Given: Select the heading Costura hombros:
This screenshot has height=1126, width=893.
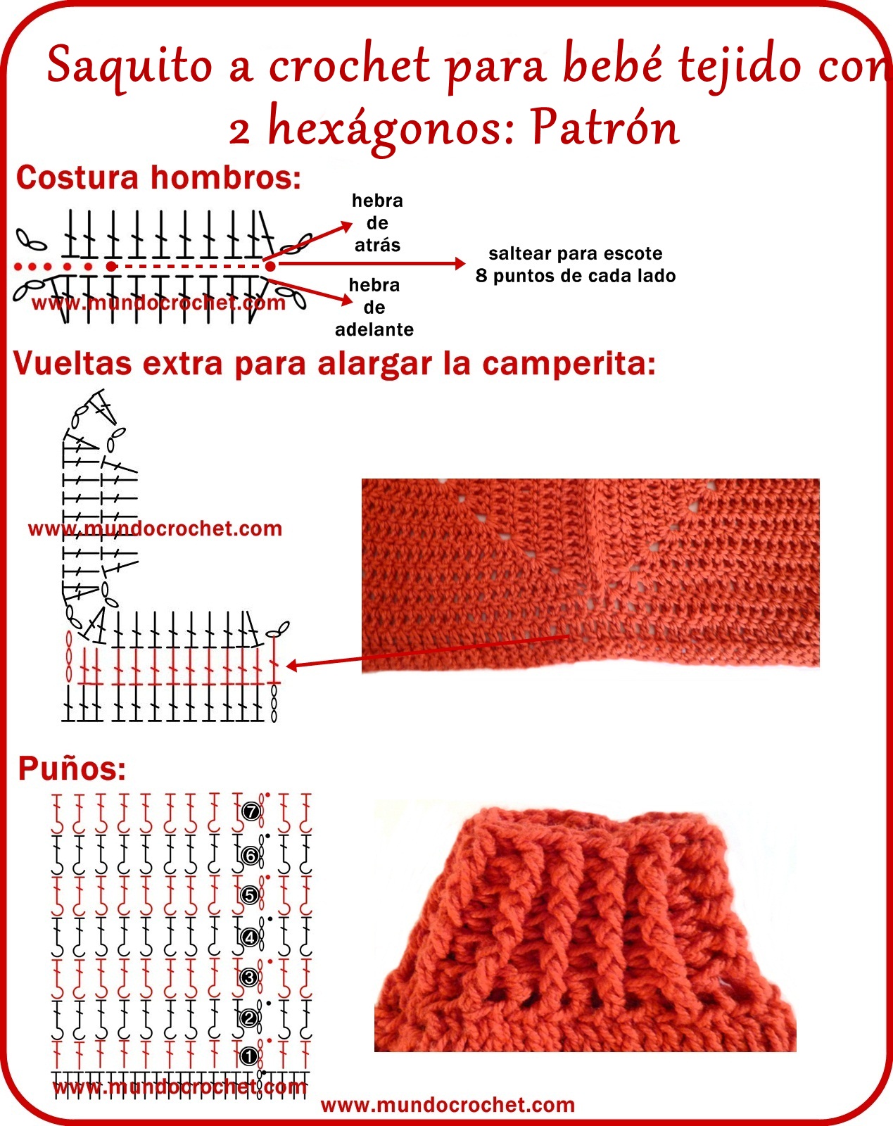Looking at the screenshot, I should pos(158,177).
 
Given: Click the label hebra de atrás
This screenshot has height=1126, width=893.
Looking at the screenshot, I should pos(377,223).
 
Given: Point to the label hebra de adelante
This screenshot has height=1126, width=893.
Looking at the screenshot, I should pos(374,308).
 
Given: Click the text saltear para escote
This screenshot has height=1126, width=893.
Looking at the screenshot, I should pos(575,253).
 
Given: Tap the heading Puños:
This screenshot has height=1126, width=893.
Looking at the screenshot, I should pos(72,768).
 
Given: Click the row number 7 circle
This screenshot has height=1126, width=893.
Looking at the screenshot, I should pos(251,812).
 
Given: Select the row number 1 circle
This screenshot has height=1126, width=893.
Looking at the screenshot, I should pos(248,1056).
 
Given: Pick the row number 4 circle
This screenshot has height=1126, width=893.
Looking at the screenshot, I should pos(250,937).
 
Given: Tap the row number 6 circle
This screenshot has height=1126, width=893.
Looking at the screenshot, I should pos(250,856).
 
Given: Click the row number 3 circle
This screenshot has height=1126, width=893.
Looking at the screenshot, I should pos(249,978).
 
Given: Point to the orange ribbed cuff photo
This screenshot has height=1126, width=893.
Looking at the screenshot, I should pos(584,929).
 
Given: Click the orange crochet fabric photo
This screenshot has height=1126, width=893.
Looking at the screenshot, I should pos(590,574).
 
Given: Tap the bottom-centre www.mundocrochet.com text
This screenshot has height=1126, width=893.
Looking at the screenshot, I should pos(448,1105).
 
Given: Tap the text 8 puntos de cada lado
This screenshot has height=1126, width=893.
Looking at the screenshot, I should pos(575,276).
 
